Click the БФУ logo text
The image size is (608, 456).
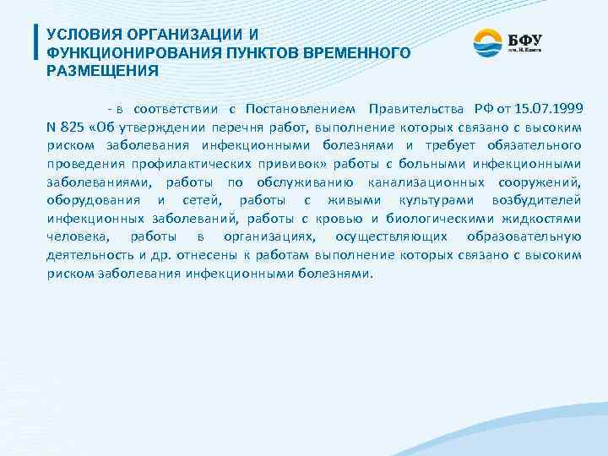[524, 39]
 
